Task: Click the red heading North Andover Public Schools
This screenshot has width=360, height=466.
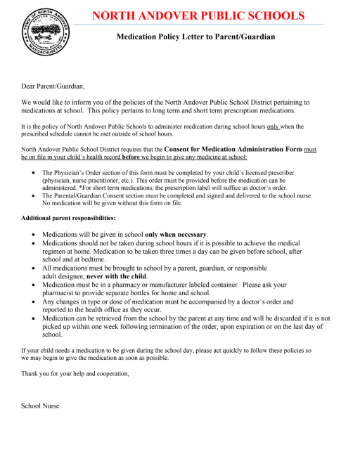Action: tap(198, 15)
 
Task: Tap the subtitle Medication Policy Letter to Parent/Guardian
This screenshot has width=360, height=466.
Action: tap(195, 37)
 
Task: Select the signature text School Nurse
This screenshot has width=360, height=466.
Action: tap(41, 406)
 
